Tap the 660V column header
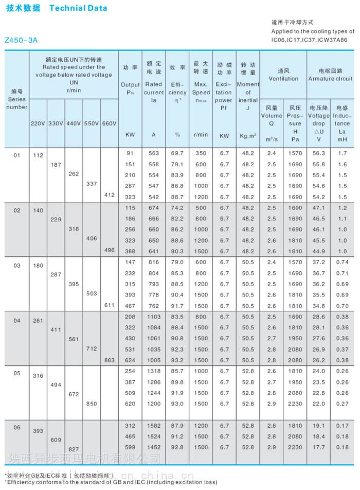coord(109,124)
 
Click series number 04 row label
coord(17,321)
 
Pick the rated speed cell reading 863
coord(109,360)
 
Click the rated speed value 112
coord(38,155)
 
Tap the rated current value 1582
coord(153,426)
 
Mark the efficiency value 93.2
coord(177,360)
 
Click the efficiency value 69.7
coord(177,153)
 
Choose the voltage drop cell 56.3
coord(319,153)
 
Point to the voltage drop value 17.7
coord(319,447)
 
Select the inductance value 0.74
coord(343,262)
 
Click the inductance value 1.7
coord(343,153)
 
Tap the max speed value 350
coord(201,153)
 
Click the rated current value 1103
coord(153,316)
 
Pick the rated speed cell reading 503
coord(91,293)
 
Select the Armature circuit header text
coord(330,79)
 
